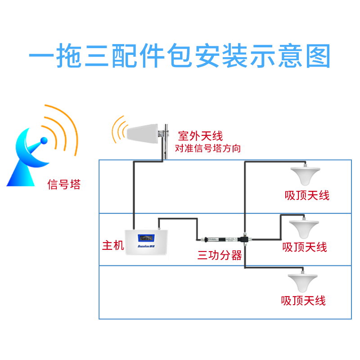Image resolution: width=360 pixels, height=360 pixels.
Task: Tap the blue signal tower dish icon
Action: pyautogui.click(x=29, y=155)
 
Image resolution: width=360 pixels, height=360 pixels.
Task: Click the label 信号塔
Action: pyautogui.click(x=64, y=184)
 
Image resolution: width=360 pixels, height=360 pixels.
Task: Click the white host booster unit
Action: pyautogui.click(x=146, y=245)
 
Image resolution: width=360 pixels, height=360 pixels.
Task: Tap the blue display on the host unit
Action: pyautogui.click(x=146, y=237)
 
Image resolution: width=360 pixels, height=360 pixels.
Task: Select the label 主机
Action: pyautogui.click(x=112, y=246)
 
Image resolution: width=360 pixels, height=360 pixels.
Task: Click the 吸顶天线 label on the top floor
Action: pyautogui.click(x=307, y=195)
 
